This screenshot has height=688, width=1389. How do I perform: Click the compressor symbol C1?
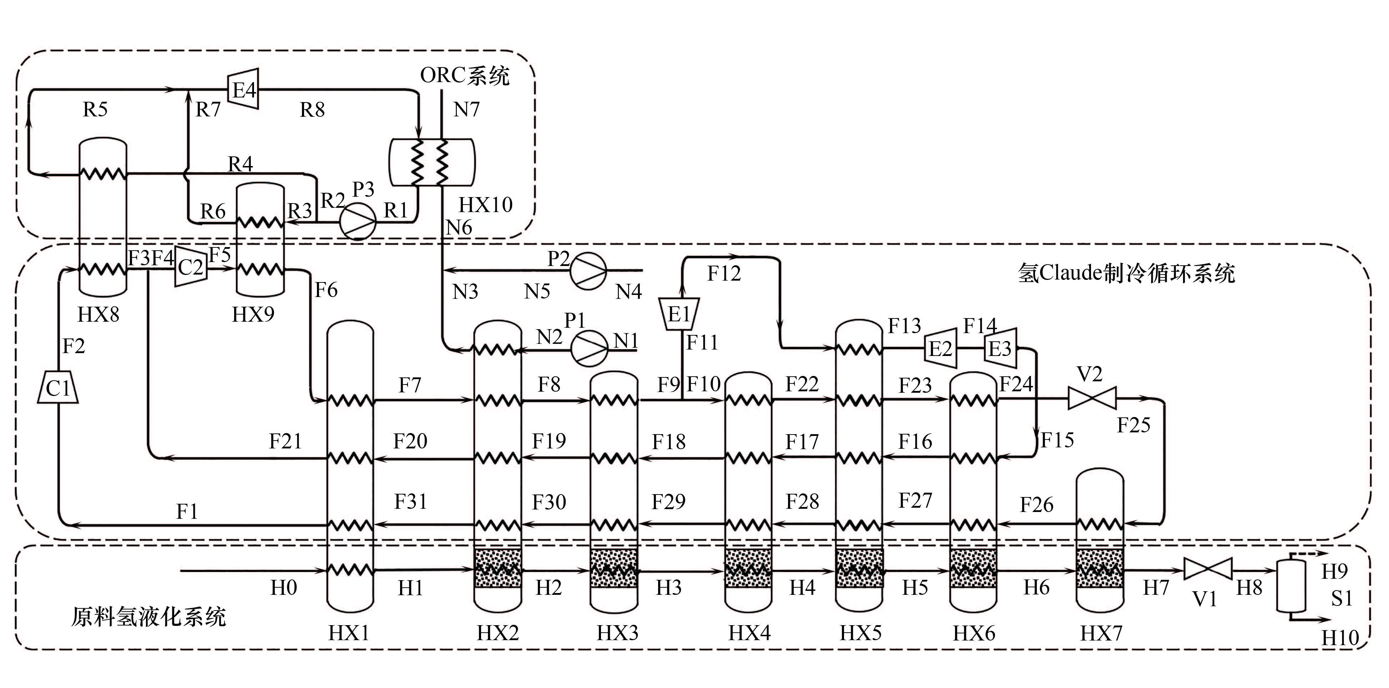point(58,387)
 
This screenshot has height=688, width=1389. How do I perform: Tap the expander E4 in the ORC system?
point(244,89)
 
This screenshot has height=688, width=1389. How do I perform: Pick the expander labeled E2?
point(940,348)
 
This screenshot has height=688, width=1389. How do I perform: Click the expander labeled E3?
point(1000,348)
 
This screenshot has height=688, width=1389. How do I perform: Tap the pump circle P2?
point(588,270)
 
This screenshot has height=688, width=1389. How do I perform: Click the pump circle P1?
point(589,349)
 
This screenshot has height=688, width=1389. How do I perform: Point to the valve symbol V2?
point(1092,399)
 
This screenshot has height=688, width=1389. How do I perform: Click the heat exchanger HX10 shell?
point(431,162)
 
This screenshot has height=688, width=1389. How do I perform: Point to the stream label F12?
point(724,273)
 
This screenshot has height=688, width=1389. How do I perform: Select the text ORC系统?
point(465,76)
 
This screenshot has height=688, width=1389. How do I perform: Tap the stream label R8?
point(312,110)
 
